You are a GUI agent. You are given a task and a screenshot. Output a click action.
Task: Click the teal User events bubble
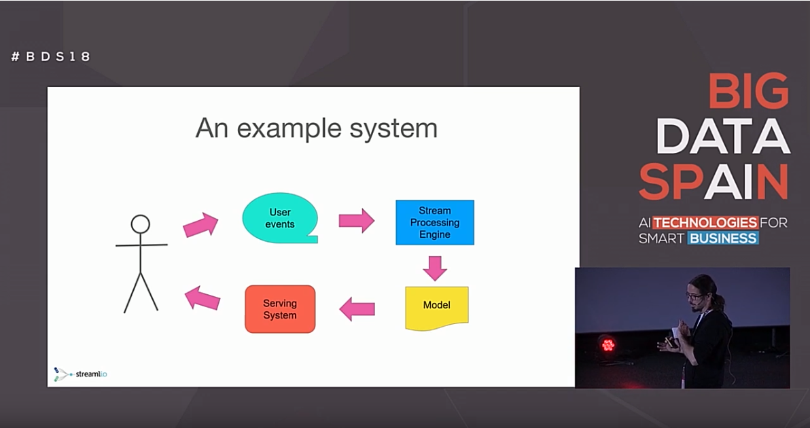[x=280, y=218]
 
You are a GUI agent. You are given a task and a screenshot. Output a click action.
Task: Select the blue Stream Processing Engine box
[x=434, y=223]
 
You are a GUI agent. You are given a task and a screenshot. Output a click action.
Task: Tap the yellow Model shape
[x=436, y=308]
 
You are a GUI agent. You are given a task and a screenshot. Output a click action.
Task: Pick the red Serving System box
[x=280, y=309]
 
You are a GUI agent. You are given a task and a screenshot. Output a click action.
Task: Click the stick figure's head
[x=141, y=225]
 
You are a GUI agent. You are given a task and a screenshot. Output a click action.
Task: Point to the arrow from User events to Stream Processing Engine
[x=357, y=220]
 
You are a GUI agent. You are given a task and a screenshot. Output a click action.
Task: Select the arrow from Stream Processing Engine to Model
[x=434, y=268]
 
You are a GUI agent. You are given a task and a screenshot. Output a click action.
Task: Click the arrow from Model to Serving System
[x=357, y=308]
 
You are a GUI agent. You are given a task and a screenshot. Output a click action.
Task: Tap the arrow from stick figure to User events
[x=201, y=225]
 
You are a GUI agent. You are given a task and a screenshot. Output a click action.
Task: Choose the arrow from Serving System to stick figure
[x=202, y=298]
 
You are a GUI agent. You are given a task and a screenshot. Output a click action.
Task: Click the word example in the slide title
[x=289, y=128]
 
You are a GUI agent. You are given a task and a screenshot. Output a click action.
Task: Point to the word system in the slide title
[x=393, y=129]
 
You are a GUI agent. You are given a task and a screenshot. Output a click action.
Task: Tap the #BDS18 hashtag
[x=50, y=56]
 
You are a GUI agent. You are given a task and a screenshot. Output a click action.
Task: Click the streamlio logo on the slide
[x=81, y=374]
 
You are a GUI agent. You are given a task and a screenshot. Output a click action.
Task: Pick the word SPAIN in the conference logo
[x=714, y=182]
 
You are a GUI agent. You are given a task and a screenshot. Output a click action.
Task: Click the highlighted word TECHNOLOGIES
[x=705, y=223]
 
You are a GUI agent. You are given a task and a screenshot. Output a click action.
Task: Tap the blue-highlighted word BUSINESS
[x=723, y=238]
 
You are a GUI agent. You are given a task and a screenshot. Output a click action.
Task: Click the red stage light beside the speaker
[x=608, y=344]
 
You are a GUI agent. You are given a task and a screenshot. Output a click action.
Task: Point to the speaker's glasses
[x=692, y=296]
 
